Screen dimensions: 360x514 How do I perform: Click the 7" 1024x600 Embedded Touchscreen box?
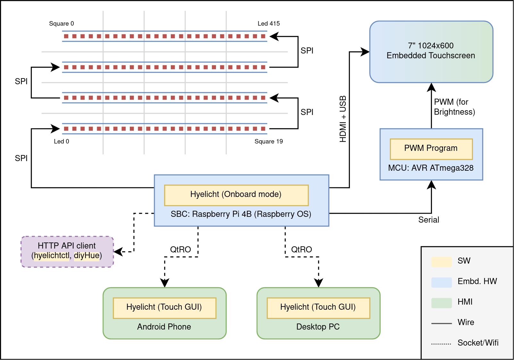pyautogui.click(x=431, y=51)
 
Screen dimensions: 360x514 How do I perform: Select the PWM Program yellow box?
pyautogui.click(x=431, y=149)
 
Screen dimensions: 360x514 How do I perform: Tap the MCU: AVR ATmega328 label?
pyautogui.click(x=431, y=168)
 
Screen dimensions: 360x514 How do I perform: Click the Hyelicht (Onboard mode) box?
pyautogui.click(x=236, y=195)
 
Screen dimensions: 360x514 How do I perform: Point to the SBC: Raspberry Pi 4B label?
pyautogui.click(x=241, y=214)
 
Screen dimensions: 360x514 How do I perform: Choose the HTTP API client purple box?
pyautogui.click(x=67, y=251)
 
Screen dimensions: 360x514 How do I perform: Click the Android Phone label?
pyautogui.click(x=164, y=327)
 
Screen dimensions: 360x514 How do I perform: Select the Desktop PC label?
pyautogui.click(x=318, y=327)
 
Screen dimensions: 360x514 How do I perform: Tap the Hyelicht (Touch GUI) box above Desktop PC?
pyautogui.click(x=318, y=307)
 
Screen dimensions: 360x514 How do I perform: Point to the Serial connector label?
pyautogui.click(x=428, y=220)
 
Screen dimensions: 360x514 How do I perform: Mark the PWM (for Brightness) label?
pyautogui.click(x=454, y=107)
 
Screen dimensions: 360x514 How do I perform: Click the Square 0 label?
pyautogui.click(x=62, y=24)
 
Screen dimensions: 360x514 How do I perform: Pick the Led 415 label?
pyautogui.click(x=269, y=24)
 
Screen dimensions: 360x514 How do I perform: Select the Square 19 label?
pyautogui.click(x=269, y=142)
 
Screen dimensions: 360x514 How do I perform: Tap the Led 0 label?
pyautogui.click(x=62, y=142)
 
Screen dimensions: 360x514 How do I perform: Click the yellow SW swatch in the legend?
pyautogui.click(x=441, y=261)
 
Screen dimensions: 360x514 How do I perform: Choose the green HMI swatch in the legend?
pyautogui.click(x=441, y=302)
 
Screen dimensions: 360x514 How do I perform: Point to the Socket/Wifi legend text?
pyautogui.click(x=478, y=343)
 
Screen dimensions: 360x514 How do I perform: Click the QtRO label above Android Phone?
pyautogui.click(x=180, y=250)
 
